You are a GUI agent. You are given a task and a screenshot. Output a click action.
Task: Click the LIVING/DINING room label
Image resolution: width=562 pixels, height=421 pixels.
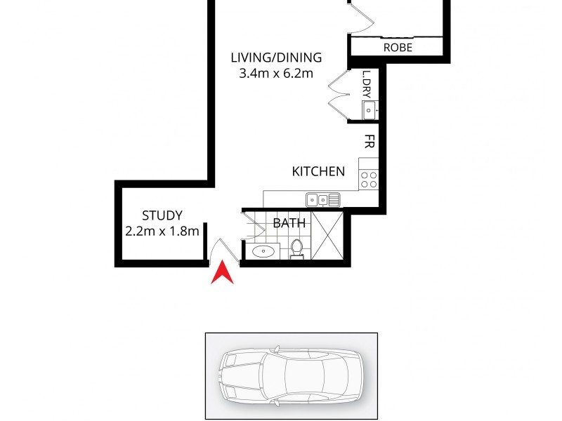276,58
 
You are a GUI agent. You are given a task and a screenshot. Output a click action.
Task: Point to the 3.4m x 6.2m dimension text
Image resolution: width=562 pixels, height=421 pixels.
276,73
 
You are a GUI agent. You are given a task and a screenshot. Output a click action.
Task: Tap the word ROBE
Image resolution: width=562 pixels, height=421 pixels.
398,48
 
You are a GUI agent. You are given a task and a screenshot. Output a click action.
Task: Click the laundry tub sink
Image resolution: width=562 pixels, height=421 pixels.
369,110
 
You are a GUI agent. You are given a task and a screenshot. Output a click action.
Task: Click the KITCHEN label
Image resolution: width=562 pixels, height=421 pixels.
318,171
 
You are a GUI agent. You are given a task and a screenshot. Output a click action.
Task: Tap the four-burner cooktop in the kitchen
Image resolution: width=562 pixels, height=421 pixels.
369,180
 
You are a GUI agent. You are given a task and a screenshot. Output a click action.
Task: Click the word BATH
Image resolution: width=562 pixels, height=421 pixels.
289,224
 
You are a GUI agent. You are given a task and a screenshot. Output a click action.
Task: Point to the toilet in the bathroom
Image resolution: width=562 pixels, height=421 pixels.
297,248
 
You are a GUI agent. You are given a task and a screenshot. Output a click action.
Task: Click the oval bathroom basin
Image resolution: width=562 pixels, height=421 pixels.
265,250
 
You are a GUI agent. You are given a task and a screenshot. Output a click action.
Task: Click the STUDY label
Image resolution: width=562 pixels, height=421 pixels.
162,215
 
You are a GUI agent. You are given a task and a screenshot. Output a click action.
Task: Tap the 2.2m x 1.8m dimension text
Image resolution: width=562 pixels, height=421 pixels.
162,231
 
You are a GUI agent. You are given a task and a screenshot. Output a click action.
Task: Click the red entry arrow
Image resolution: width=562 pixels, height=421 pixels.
223,273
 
